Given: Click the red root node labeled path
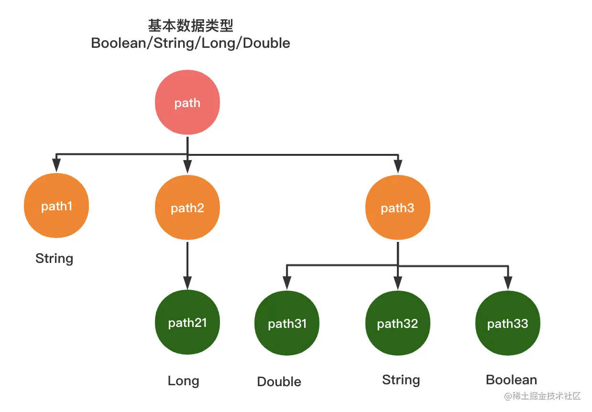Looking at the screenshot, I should pos(187,103).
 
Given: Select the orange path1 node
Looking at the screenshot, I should pos(56,206).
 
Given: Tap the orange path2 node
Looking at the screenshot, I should pos(187,208).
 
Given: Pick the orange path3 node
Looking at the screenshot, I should pos(397,208).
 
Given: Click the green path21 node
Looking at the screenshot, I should pos(187,323).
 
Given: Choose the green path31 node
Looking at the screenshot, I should pos(287,324).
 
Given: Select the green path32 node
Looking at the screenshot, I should pos(397,324).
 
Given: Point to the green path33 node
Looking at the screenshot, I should pos(508,324).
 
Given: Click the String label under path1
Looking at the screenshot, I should pos(55,259).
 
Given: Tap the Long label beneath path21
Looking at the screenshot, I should pos(183,381).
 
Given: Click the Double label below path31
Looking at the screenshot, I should pos(279,381).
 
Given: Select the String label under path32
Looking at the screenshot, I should pos(401,380).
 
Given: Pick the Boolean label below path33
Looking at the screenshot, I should pos(511,380).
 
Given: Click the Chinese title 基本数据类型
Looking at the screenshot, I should pos(191,25).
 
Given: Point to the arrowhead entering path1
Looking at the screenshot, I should pos(56,166).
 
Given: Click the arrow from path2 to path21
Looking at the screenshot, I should pos(187,263).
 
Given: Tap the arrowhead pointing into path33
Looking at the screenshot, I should pos(508,283).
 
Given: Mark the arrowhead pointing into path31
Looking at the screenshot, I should pos(287,283).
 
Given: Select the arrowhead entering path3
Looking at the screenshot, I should pos(397,166).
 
